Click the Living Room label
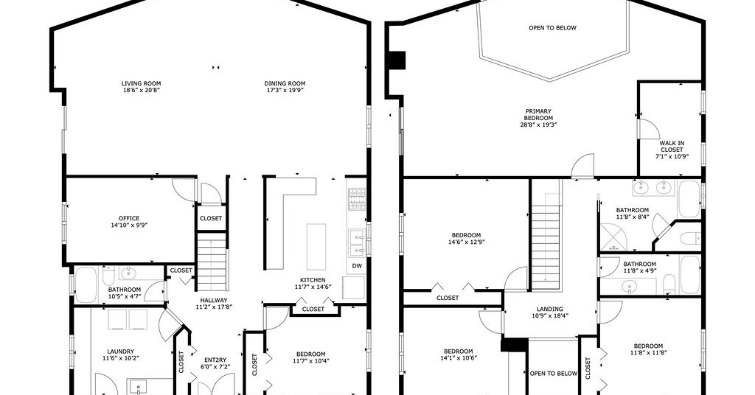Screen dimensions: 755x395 pos(141,83)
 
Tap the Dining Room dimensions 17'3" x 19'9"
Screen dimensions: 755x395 pos(285,90)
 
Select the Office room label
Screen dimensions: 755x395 pos(129,218)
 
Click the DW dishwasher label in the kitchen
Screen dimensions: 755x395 pos(357,265)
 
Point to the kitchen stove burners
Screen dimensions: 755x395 pos(357,199)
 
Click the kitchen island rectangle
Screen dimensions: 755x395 pos(316,246)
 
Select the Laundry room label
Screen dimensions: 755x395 pos(121,352)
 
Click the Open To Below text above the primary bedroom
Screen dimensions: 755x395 pos(552,28)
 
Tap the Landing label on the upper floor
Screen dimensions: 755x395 pos(550,310)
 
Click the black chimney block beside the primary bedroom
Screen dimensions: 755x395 pos(397,60)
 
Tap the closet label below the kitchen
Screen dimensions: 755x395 pos(313,309)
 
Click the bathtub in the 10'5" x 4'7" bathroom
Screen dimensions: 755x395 pos(86,284)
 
